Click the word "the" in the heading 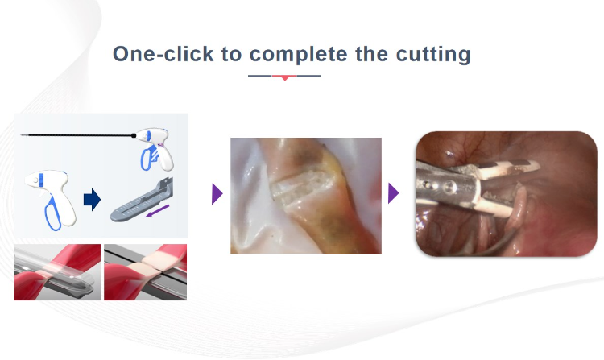[373, 54]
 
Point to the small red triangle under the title [283, 77]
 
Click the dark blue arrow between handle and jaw [93, 200]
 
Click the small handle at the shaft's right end [152, 145]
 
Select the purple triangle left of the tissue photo [217, 194]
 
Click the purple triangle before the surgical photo [393, 193]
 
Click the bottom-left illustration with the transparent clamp [57, 271]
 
